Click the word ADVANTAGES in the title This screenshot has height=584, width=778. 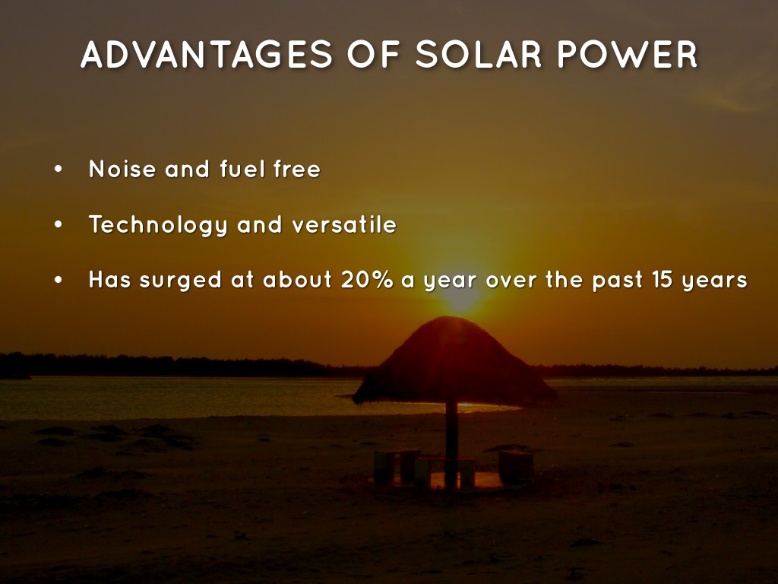[207, 54]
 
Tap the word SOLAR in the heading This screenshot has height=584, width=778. [479, 54]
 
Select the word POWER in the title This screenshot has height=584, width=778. [628, 54]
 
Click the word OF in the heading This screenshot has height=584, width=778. [374, 54]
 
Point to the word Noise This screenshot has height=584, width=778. [122, 169]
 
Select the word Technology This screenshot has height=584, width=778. [158, 225]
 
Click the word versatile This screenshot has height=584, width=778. [344, 225]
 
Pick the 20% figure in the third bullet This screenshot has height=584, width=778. [367, 280]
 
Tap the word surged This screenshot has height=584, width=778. [181, 281]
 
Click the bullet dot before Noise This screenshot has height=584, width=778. [59, 170]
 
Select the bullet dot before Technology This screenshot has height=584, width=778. [59, 225]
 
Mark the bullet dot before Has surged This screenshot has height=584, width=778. [59, 280]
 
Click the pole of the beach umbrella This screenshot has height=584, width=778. [451, 444]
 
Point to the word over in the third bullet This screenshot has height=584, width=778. [511, 281]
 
